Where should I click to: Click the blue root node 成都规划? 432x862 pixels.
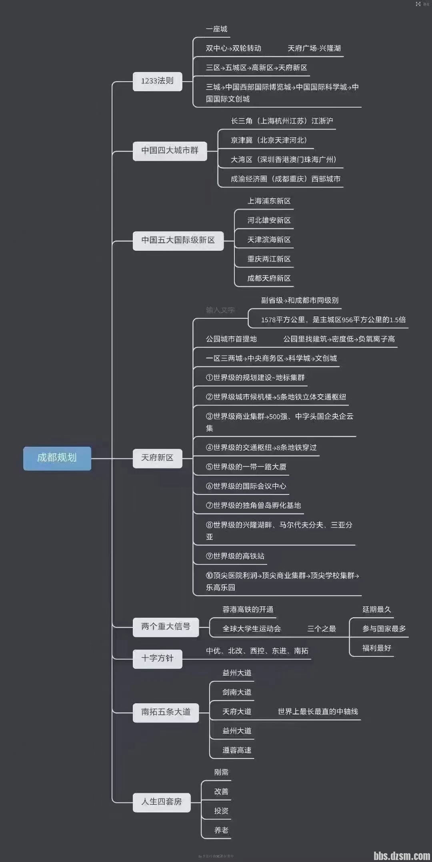tap(57, 458)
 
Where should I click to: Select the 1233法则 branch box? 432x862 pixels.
tap(157, 81)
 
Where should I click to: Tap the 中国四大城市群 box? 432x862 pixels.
tap(170, 151)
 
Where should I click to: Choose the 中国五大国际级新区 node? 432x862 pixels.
tap(178, 240)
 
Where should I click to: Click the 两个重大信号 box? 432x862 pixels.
tap(166, 626)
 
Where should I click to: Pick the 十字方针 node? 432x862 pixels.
tap(157, 658)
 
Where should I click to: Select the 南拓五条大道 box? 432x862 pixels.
tap(166, 712)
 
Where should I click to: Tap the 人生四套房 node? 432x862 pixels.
tap(161, 802)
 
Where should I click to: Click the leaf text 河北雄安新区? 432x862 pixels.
tap(269, 220)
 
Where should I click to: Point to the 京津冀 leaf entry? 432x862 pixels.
tap(269, 140)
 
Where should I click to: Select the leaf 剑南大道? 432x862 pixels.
tap(237, 692)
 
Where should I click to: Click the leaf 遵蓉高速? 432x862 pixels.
tap(237, 750)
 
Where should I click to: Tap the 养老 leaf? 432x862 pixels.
tap(221, 830)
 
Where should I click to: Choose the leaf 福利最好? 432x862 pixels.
tap(376, 648)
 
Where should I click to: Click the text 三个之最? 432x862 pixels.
tap(321, 629)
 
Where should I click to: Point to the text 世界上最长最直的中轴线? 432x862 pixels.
tap(318, 712)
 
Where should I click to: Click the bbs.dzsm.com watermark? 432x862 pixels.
tap(402, 855)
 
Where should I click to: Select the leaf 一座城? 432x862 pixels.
tap(216, 29)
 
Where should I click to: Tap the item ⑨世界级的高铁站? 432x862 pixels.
tap(235, 556)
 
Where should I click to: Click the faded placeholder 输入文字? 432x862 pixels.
tap(220, 310)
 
